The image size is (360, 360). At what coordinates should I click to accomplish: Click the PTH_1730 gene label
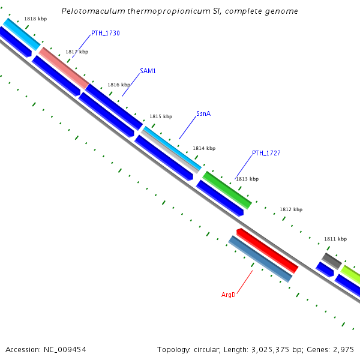pos(105,33)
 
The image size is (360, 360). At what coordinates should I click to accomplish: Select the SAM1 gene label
pos(148,71)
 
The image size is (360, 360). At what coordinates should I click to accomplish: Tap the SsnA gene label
pos(203,113)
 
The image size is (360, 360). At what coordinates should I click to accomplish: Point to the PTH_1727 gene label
pos(266,153)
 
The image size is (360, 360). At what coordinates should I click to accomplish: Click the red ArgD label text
pos(228,295)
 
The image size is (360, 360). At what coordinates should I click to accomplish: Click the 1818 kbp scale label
pos(35,19)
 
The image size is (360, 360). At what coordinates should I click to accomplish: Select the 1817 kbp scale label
pos(77,52)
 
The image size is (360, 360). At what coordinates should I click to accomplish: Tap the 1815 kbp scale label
pos(161,116)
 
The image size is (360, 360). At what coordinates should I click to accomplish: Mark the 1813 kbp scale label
pos(247,179)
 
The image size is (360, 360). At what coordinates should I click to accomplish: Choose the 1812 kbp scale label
pos(291,209)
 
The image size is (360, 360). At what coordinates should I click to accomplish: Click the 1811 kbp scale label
pos(335,239)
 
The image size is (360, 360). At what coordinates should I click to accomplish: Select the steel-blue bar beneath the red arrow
pos(260,259)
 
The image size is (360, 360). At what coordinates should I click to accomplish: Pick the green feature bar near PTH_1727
pos(227,190)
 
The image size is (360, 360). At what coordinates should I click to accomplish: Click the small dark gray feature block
pos(332,260)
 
